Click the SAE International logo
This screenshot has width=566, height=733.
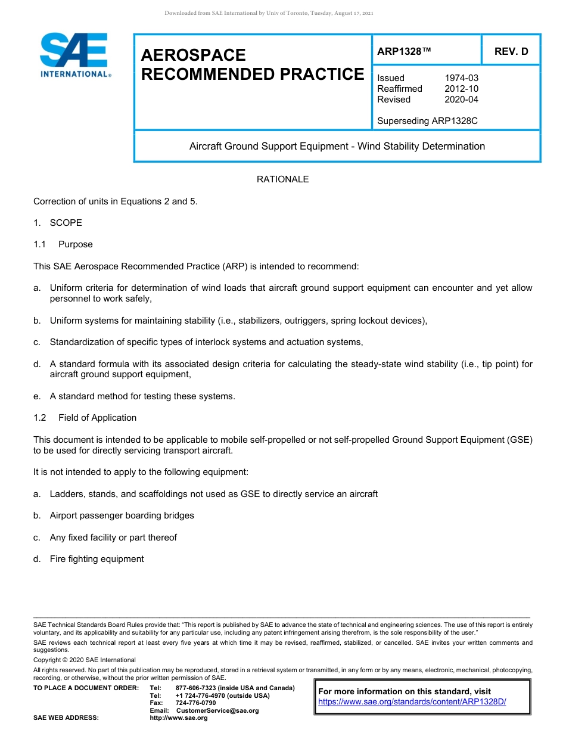(74, 55)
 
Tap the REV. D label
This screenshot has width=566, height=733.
(511, 52)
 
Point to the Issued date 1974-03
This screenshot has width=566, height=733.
(461, 78)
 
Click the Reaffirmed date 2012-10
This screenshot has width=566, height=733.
(461, 89)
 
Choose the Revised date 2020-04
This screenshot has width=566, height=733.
(461, 100)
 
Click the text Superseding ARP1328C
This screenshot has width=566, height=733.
(427, 121)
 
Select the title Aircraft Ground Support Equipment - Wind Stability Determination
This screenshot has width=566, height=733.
(337, 146)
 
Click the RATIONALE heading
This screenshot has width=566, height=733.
(282, 179)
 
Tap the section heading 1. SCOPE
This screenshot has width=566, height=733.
(58, 223)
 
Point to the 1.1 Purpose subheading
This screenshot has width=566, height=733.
(63, 244)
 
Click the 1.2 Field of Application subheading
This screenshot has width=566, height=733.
(85, 418)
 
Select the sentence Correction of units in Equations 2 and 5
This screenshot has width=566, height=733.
(116, 201)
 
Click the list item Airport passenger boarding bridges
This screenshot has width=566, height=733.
(122, 515)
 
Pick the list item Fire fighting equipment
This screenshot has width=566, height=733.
(97, 559)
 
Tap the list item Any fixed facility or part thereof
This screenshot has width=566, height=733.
(113, 538)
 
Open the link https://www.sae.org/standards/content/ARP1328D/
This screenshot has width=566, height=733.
(412, 702)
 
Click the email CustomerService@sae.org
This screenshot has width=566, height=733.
(217, 710)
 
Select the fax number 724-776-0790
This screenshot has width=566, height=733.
(195, 703)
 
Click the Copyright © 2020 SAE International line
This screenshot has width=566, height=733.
(85, 660)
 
